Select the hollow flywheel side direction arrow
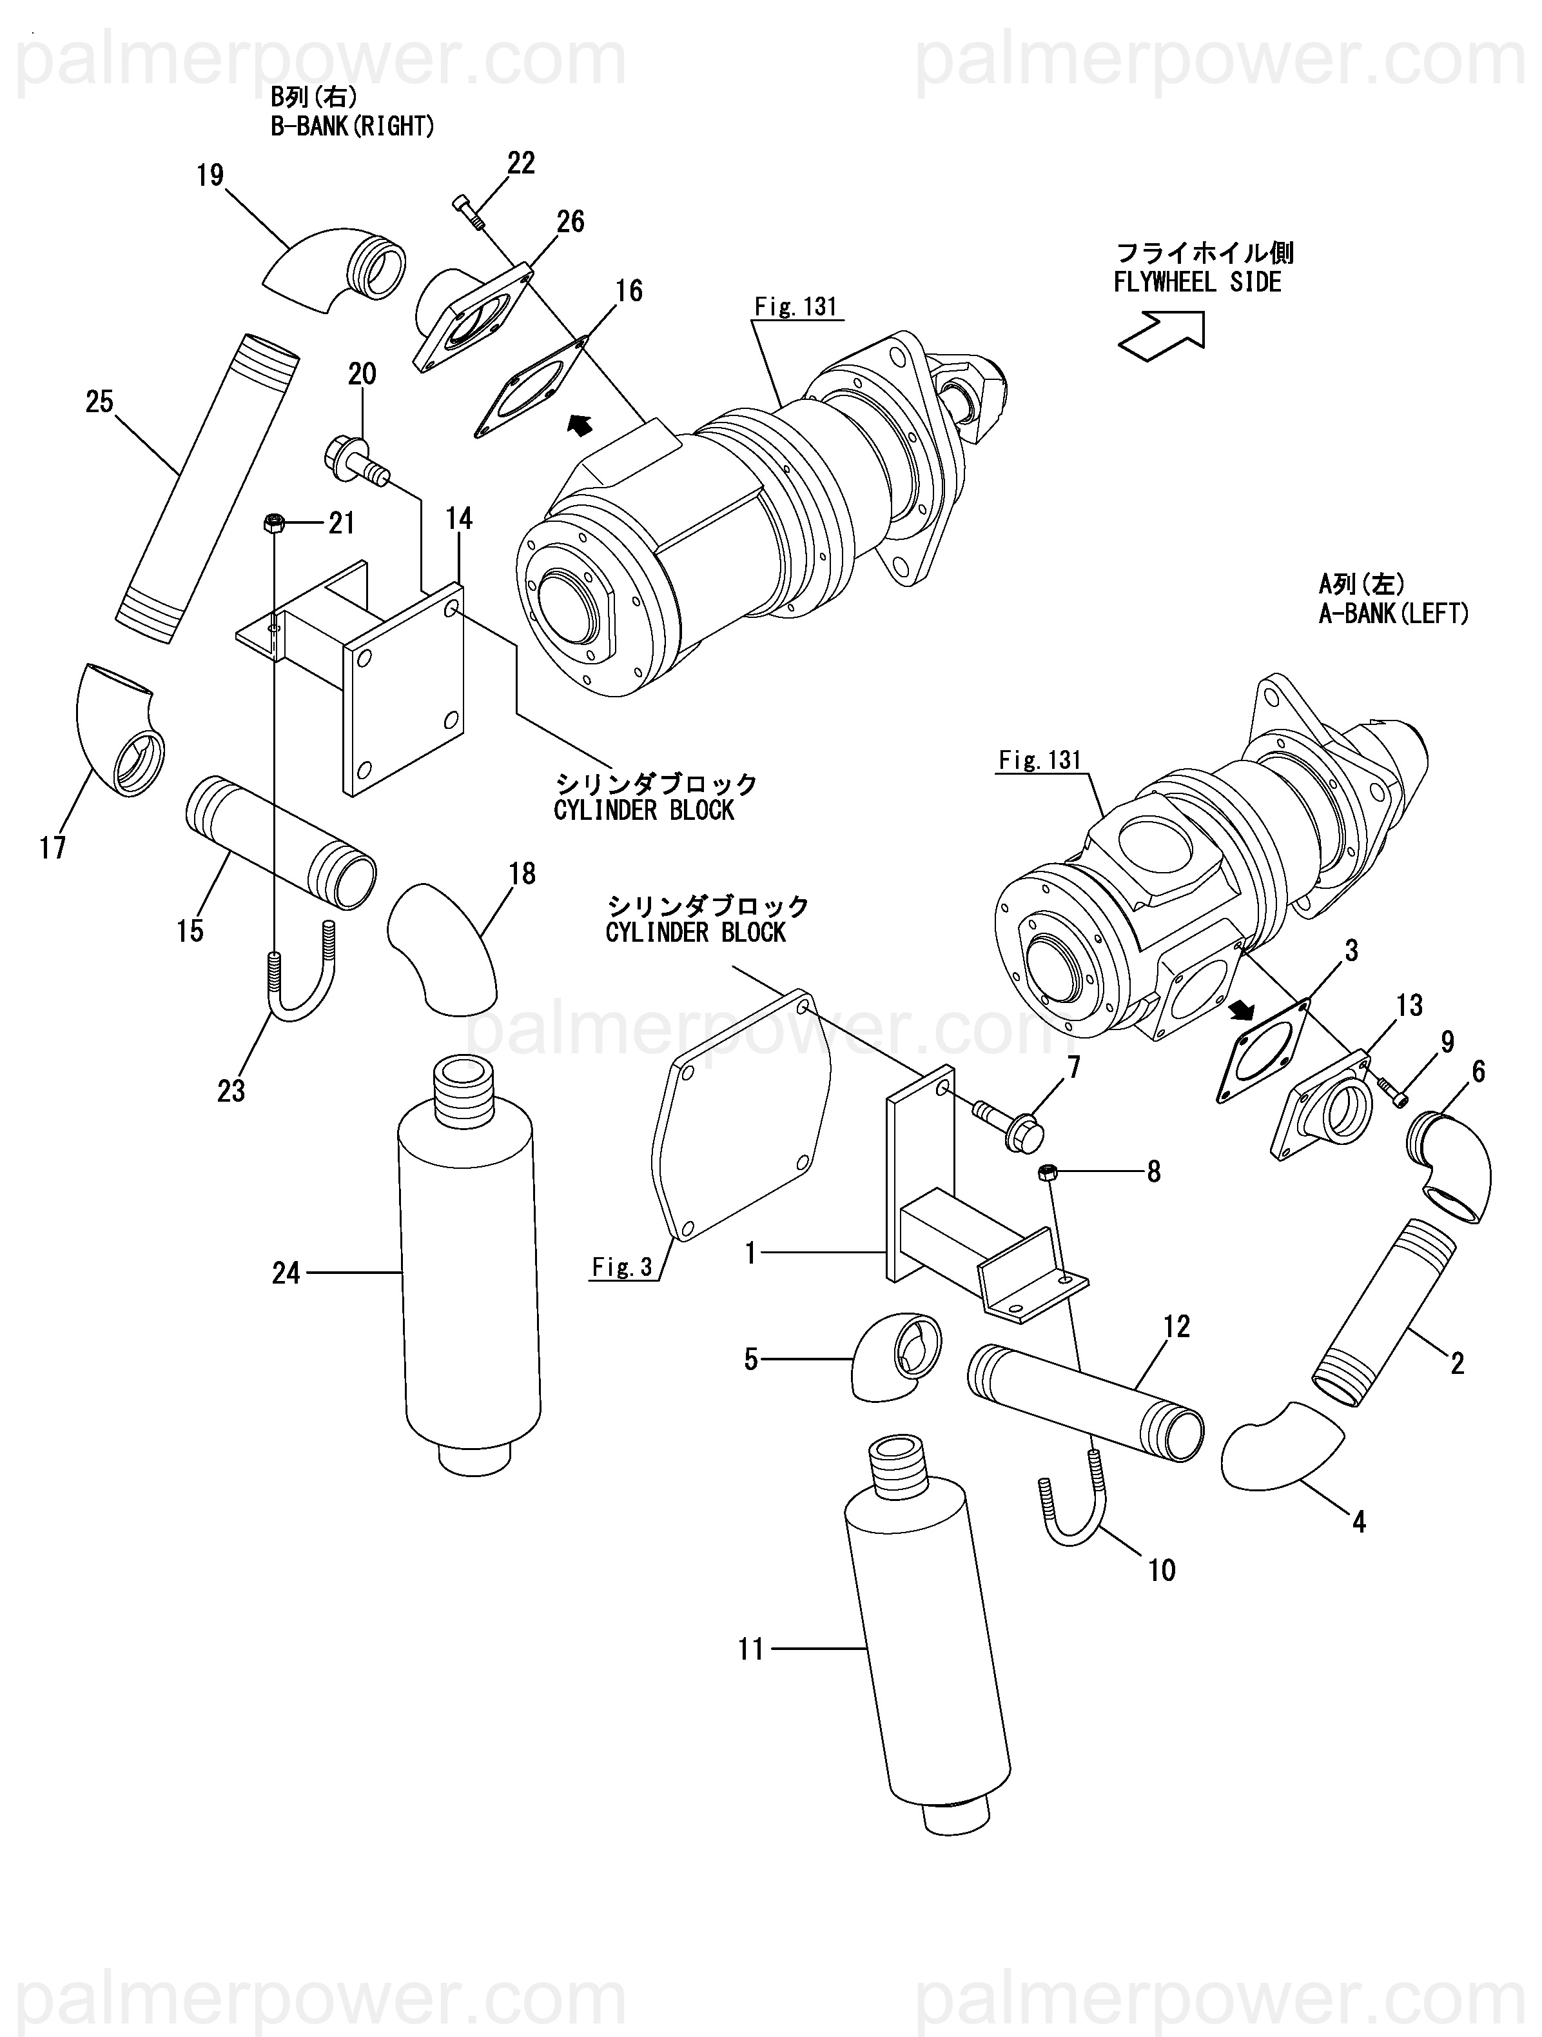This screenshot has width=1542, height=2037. [1162, 334]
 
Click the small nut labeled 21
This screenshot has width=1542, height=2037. [273, 524]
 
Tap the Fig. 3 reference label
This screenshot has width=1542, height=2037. [622, 1267]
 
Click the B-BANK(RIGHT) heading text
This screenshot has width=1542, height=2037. [353, 126]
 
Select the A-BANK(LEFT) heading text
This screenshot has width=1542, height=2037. [1394, 613]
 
